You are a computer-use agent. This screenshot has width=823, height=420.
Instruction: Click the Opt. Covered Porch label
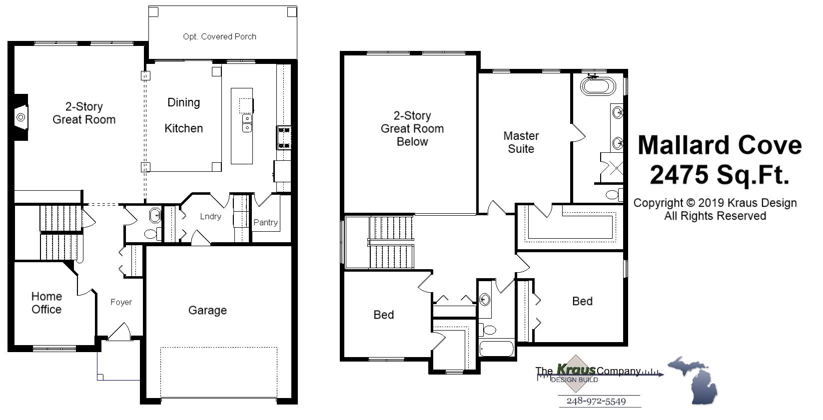click(x=219, y=36)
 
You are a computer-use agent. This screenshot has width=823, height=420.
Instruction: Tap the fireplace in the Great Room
click(x=20, y=117)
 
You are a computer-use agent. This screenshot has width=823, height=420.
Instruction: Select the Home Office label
click(x=46, y=303)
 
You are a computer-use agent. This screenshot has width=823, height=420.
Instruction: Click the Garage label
click(x=207, y=310)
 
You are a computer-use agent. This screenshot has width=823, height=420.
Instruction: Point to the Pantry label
click(x=265, y=222)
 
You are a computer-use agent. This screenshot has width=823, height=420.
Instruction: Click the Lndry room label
click(x=210, y=216)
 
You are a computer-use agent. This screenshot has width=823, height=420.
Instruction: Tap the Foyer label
click(x=121, y=302)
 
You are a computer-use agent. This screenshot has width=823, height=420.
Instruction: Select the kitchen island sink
click(x=247, y=123)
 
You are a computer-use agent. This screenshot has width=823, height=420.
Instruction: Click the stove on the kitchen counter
click(x=284, y=137)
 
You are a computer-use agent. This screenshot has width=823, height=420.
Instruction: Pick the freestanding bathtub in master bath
click(x=597, y=86)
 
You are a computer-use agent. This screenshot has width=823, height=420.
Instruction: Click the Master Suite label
click(x=521, y=142)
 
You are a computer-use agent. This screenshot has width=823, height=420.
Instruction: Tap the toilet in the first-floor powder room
click(x=151, y=233)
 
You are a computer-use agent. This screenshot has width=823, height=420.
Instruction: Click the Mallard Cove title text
click(x=720, y=145)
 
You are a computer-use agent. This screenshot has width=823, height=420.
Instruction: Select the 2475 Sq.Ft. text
click(x=720, y=175)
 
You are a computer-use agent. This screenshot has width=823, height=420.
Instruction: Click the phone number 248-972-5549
click(x=596, y=401)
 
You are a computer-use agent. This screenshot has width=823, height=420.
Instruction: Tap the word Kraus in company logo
click(x=576, y=370)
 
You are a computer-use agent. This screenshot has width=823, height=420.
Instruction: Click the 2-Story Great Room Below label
click(x=412, y=128)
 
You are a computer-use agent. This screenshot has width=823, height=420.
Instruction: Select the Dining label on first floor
click(x=183, y=102)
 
